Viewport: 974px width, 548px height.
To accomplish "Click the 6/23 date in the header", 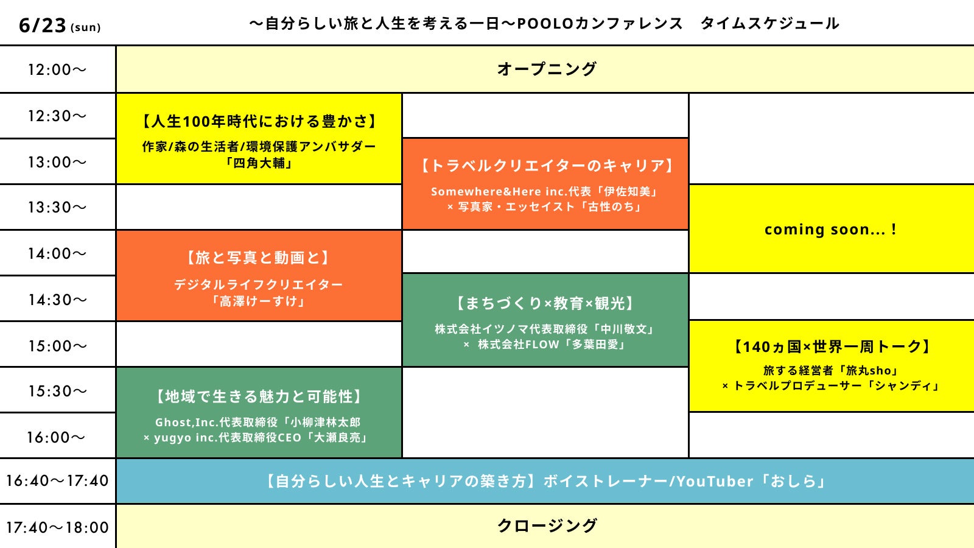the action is pos(43,25).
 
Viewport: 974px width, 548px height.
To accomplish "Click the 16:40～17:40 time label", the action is pos(57,481).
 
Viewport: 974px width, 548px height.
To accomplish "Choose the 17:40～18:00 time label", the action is pos(57,527).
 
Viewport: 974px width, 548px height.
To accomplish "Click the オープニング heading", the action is pos(546,69).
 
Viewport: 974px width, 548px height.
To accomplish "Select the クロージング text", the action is pos(546,525).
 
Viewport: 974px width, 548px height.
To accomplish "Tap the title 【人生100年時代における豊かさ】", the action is pos(259,121).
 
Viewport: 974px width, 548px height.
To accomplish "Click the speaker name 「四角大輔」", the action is pos(259,163).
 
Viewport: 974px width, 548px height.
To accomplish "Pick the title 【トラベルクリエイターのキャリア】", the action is pos(546,166).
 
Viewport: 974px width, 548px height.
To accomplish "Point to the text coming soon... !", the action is pos(830,230).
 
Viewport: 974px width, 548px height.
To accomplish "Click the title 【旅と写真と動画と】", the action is pos(259,258).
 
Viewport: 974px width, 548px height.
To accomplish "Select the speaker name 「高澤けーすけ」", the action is pos(259,301).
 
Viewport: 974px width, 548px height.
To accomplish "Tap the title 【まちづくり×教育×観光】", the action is pos(546,303).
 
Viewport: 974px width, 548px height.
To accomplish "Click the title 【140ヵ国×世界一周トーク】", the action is pos(832,346).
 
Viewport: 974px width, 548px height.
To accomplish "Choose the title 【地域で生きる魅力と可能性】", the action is pos(259,396).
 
